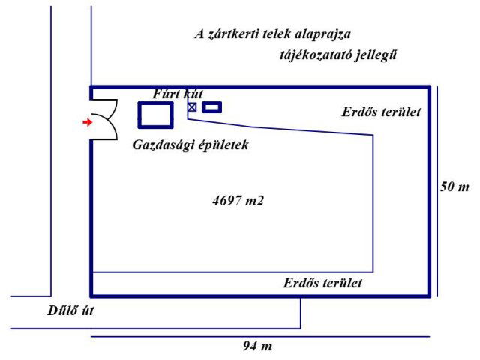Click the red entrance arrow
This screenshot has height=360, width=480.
click(x=87, y=121)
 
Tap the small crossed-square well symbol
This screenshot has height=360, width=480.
click(x=192, y=107)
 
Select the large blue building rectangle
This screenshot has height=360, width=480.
click(x=156, y=114)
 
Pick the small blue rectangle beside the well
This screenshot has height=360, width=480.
click(x=213, y=107)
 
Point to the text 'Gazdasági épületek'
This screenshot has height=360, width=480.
click(x=190, y=145)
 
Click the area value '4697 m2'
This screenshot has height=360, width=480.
click(x=238, y=201)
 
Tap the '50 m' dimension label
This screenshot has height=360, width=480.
click(x=454, y=187)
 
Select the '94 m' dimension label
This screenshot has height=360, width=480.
click(x=257, y=346)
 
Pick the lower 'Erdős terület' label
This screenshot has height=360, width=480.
click(x=322, y=283)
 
